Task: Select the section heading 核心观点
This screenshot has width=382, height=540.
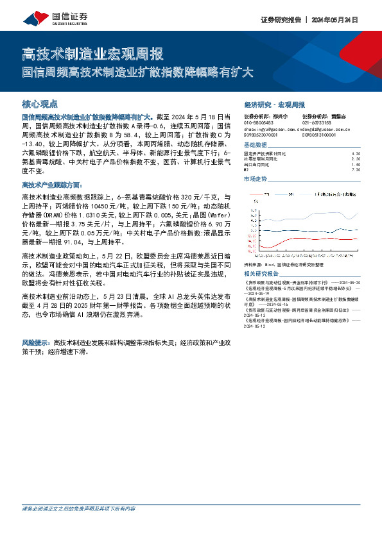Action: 40,103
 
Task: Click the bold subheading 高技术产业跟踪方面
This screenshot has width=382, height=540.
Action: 52,184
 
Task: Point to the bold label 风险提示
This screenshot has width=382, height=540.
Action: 37,343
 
